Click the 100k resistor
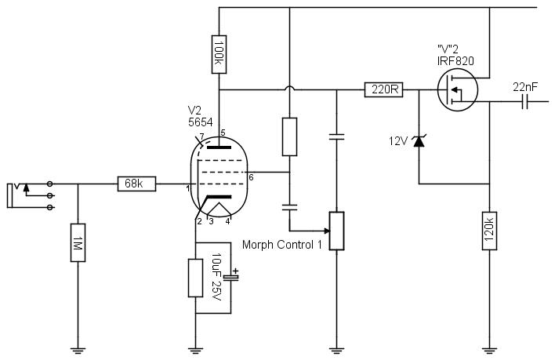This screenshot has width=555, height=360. [219, 54]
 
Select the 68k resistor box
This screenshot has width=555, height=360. [136, 184]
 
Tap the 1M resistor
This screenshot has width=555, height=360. [78, 242]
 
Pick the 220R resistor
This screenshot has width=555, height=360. [383, 89]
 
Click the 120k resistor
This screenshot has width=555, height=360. [489, 231]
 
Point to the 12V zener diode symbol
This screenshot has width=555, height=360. [419, 141]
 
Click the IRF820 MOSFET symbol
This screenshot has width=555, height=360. [457, 89]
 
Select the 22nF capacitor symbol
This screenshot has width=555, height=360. [525, 101]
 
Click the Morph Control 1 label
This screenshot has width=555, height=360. [282, 245]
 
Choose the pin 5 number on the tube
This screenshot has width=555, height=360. [223, 133]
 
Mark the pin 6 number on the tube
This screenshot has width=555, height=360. [251, 177]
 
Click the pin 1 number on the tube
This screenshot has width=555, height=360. [188, 189]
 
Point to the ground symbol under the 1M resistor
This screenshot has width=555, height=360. [78, 351]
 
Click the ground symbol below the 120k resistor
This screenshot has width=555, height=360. [489, 351]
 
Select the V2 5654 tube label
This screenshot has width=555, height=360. [201, 116]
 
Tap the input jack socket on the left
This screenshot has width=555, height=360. [31, 195]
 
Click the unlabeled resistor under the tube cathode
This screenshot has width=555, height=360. [195, 278]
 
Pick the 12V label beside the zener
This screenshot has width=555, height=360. [398, 141]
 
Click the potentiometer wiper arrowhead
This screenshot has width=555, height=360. [327, 231]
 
